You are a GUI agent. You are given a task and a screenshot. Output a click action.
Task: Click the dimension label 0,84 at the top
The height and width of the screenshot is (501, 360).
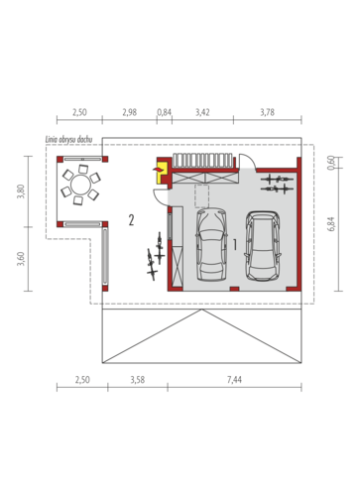click(x=164, y=112)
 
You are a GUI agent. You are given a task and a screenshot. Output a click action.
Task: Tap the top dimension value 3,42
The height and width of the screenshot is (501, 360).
click(x=202, y=112)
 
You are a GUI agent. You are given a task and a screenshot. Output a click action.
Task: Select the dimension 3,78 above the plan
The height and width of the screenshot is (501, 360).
click(x=267, y=112)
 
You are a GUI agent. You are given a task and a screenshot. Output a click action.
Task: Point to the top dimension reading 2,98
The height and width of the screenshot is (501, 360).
click(x=129, y=112)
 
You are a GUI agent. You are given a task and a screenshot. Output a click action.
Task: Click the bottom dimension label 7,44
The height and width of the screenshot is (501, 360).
click(x=234, y=380)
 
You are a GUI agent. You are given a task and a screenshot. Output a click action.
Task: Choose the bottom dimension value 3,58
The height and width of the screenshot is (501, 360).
click(x=138, y=380)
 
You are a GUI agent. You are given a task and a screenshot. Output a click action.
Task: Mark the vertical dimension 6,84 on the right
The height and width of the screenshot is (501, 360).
click(x=331, y=224)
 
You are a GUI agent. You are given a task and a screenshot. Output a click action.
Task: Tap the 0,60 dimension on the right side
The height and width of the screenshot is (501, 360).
click(x=331, y=163)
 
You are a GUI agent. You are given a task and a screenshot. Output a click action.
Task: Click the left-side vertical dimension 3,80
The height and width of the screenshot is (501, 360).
click(x=21, y=191)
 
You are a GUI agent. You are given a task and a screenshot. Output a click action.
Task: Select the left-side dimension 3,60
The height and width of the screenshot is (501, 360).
click(x=21, y=259)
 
